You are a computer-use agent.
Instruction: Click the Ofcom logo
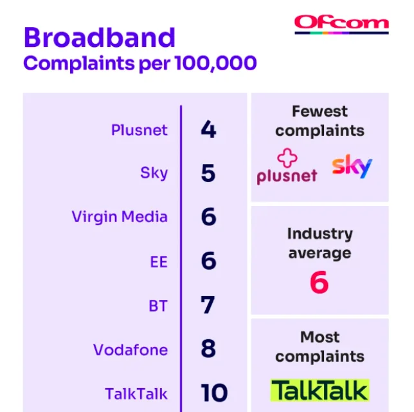click(x=341, y=24)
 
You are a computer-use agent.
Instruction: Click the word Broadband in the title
click(x=100, y=37)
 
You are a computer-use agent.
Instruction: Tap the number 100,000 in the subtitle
click(x=215, y=63)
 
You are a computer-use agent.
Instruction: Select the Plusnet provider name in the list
click(x=139, y=130)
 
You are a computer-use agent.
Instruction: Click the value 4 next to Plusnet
click(x=208, y=129)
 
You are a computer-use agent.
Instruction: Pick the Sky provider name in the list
click(x=154, y=173)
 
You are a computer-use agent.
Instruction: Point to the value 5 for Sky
click(x=208, y=173)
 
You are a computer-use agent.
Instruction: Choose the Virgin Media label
click(x=120, y=217)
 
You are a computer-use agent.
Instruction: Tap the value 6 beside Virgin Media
click(x=208, y=216)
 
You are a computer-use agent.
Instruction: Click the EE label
click(x=159, y=262)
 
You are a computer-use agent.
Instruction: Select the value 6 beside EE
click(x=208, y=261)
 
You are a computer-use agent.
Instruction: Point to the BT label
click(x=158, y=306)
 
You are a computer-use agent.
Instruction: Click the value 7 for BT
click(x=208, y=304)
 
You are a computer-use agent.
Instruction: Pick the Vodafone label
click(x=130, y=350)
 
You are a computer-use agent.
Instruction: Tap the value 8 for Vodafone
click(x=208, y=348)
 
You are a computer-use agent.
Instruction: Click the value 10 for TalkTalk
click(x=214, y=393)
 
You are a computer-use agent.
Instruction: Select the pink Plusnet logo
click(x=287, y=166)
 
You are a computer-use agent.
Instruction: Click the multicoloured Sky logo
click(x=352, y=166)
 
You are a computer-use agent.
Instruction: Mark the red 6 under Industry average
click(x=319, y=282)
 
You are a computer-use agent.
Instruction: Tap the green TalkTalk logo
click(x=319, y=390)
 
